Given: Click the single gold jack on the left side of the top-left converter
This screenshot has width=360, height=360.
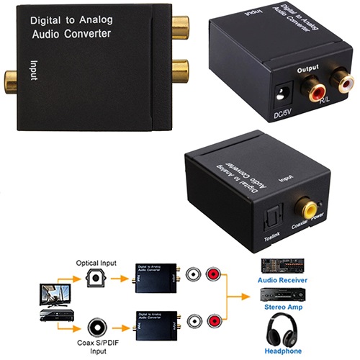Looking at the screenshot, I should coord(11,80).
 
